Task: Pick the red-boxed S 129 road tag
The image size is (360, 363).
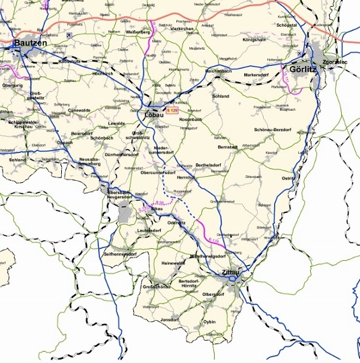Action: (x=174, y=109)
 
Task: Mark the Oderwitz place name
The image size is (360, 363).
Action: (x=176, y=222)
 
